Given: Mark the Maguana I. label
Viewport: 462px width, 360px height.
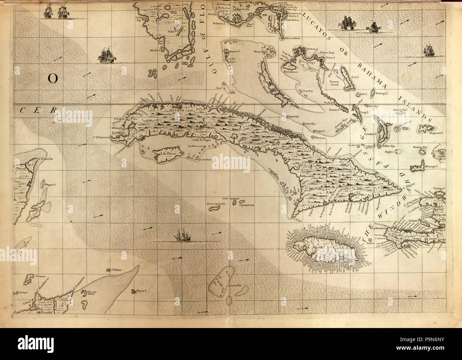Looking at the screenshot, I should click(x=437, y=132).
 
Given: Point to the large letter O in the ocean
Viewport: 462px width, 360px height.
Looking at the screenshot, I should click(x=52, y=79).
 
